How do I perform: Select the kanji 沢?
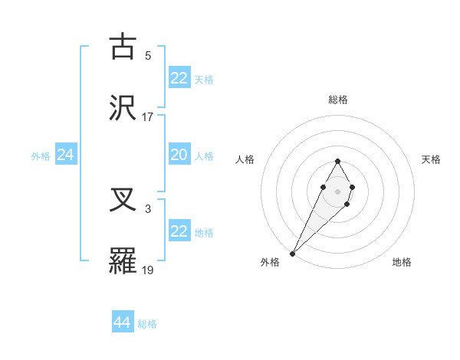coord(123,107)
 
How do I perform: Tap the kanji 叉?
coord(123,201)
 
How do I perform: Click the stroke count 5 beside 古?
coord(148,55)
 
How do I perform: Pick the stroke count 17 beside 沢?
coord(148,116)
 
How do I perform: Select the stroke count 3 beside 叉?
coord(148,208)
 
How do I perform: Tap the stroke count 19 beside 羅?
coord(148,270)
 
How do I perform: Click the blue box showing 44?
coord(123,322)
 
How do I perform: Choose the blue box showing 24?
coord(66,155)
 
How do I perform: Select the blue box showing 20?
coord(179,155)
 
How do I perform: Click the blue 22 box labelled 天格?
coord(179,78)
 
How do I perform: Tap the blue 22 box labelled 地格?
coord(179,231)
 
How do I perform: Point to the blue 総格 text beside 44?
coord(147,324)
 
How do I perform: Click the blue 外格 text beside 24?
coord(41,156)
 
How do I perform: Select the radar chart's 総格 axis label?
coord(337,100)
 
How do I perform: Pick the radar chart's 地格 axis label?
coord(402,262)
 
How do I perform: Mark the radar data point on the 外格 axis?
coord(293,253)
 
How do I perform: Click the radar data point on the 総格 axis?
coord(337,161)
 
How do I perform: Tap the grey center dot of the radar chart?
coord(337,190)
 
